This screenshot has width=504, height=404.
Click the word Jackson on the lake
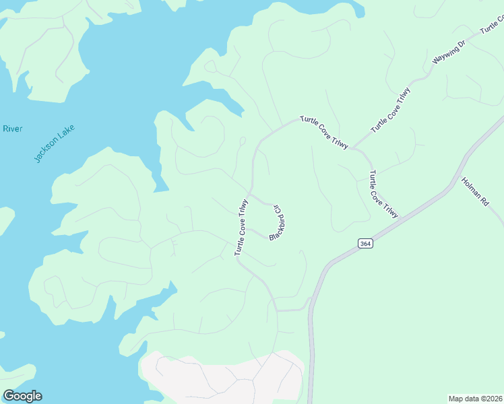[46, 150]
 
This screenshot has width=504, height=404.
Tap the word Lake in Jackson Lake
[66, 133]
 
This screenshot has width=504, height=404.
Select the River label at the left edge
[12, 129]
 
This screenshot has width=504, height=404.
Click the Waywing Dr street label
[449, 53]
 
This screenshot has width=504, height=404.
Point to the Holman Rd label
[474, 191]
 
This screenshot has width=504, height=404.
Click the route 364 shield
[365, 244]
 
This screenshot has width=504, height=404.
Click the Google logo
[22, 396]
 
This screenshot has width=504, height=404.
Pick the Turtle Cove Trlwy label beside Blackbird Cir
[242, 227]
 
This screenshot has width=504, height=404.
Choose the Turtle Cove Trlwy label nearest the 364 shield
[383, 195]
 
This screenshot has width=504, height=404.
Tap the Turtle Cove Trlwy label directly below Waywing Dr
[390, 109]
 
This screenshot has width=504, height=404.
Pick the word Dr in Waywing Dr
[462, 45]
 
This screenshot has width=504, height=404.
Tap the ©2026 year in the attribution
[490, 398]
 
